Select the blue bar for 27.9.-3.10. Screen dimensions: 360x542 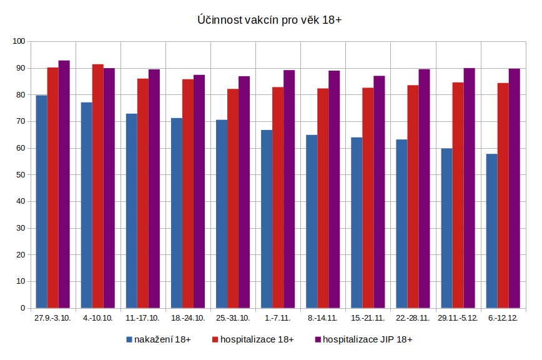pos(41,201)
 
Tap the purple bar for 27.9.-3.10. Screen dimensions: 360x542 pos(64,184)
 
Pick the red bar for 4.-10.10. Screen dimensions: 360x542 pos(97,186)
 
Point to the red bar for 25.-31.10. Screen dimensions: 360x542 pos(233,199)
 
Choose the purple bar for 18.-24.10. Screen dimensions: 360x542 pos(199,191)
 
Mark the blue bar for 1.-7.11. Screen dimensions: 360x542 pos(267,219)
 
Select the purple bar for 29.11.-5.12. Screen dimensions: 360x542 pos(470,188)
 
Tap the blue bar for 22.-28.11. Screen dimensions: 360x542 pos(402,224)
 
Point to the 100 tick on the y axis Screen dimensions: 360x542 pos(19,41)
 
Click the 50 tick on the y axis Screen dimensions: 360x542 pos(21,175)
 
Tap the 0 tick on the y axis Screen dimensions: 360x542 pos(22,308)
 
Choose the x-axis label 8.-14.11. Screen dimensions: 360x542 pos(323,318)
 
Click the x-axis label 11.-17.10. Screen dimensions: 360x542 pos(143,318)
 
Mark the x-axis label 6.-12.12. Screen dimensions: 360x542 pos(503,318)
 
